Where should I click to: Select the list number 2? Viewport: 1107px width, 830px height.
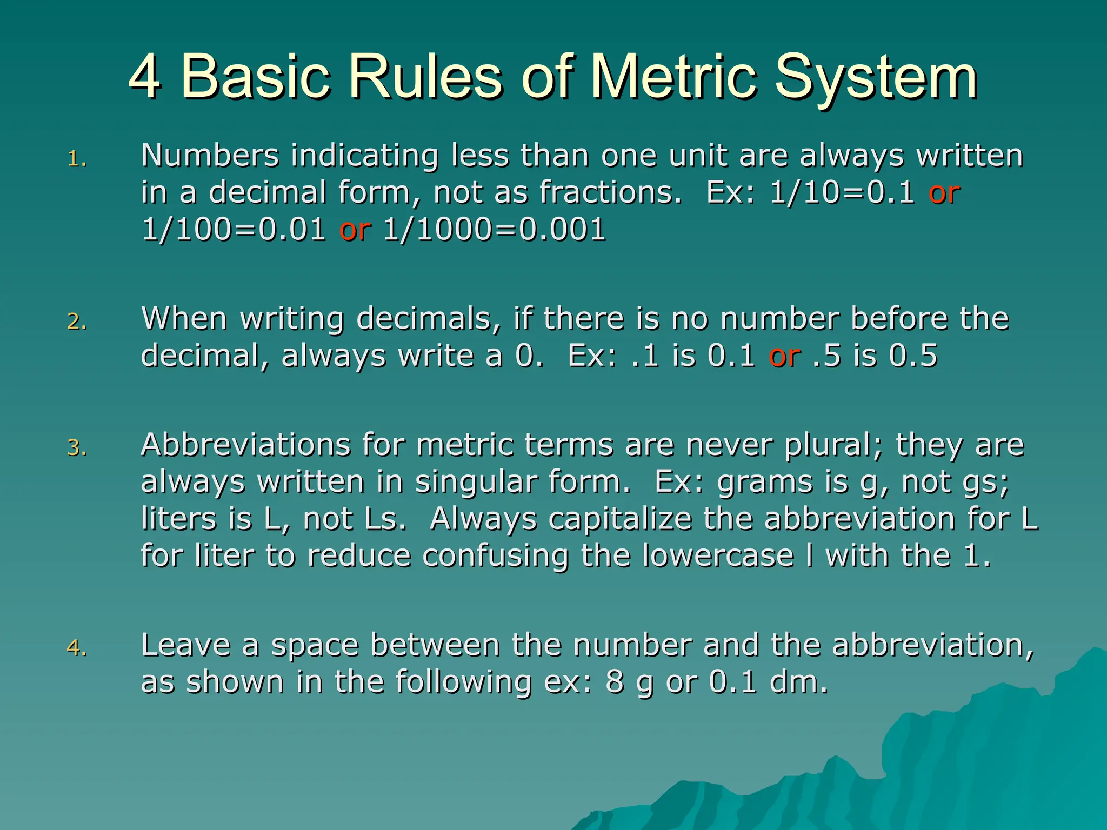pyautogui.click(x=77, y=322)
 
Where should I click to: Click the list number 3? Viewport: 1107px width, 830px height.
pyautogui.click(x=77, y=448)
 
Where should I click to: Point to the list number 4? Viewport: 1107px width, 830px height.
pyautogui.click(x=77, y=647)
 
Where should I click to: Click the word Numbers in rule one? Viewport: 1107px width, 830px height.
pyautogui.click(x=210, y=156)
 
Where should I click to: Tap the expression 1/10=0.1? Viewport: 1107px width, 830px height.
pyautogui.click(x=842, y=192)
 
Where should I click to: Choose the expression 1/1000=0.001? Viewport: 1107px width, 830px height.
pyautogui.click(x=494, y=229)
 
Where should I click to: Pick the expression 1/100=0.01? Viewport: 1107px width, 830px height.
pyautogui.click(x=234, y=229)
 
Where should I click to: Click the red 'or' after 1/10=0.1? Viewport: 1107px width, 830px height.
pyautogui.click(x=944, y=193)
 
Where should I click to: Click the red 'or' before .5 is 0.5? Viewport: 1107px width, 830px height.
pyautogui.click(x=785, y=357)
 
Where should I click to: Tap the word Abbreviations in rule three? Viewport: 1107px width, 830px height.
pyautogui.click(x=245, y=445)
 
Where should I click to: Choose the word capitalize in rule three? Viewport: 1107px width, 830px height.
pyautogui.click(x=620, y=519)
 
